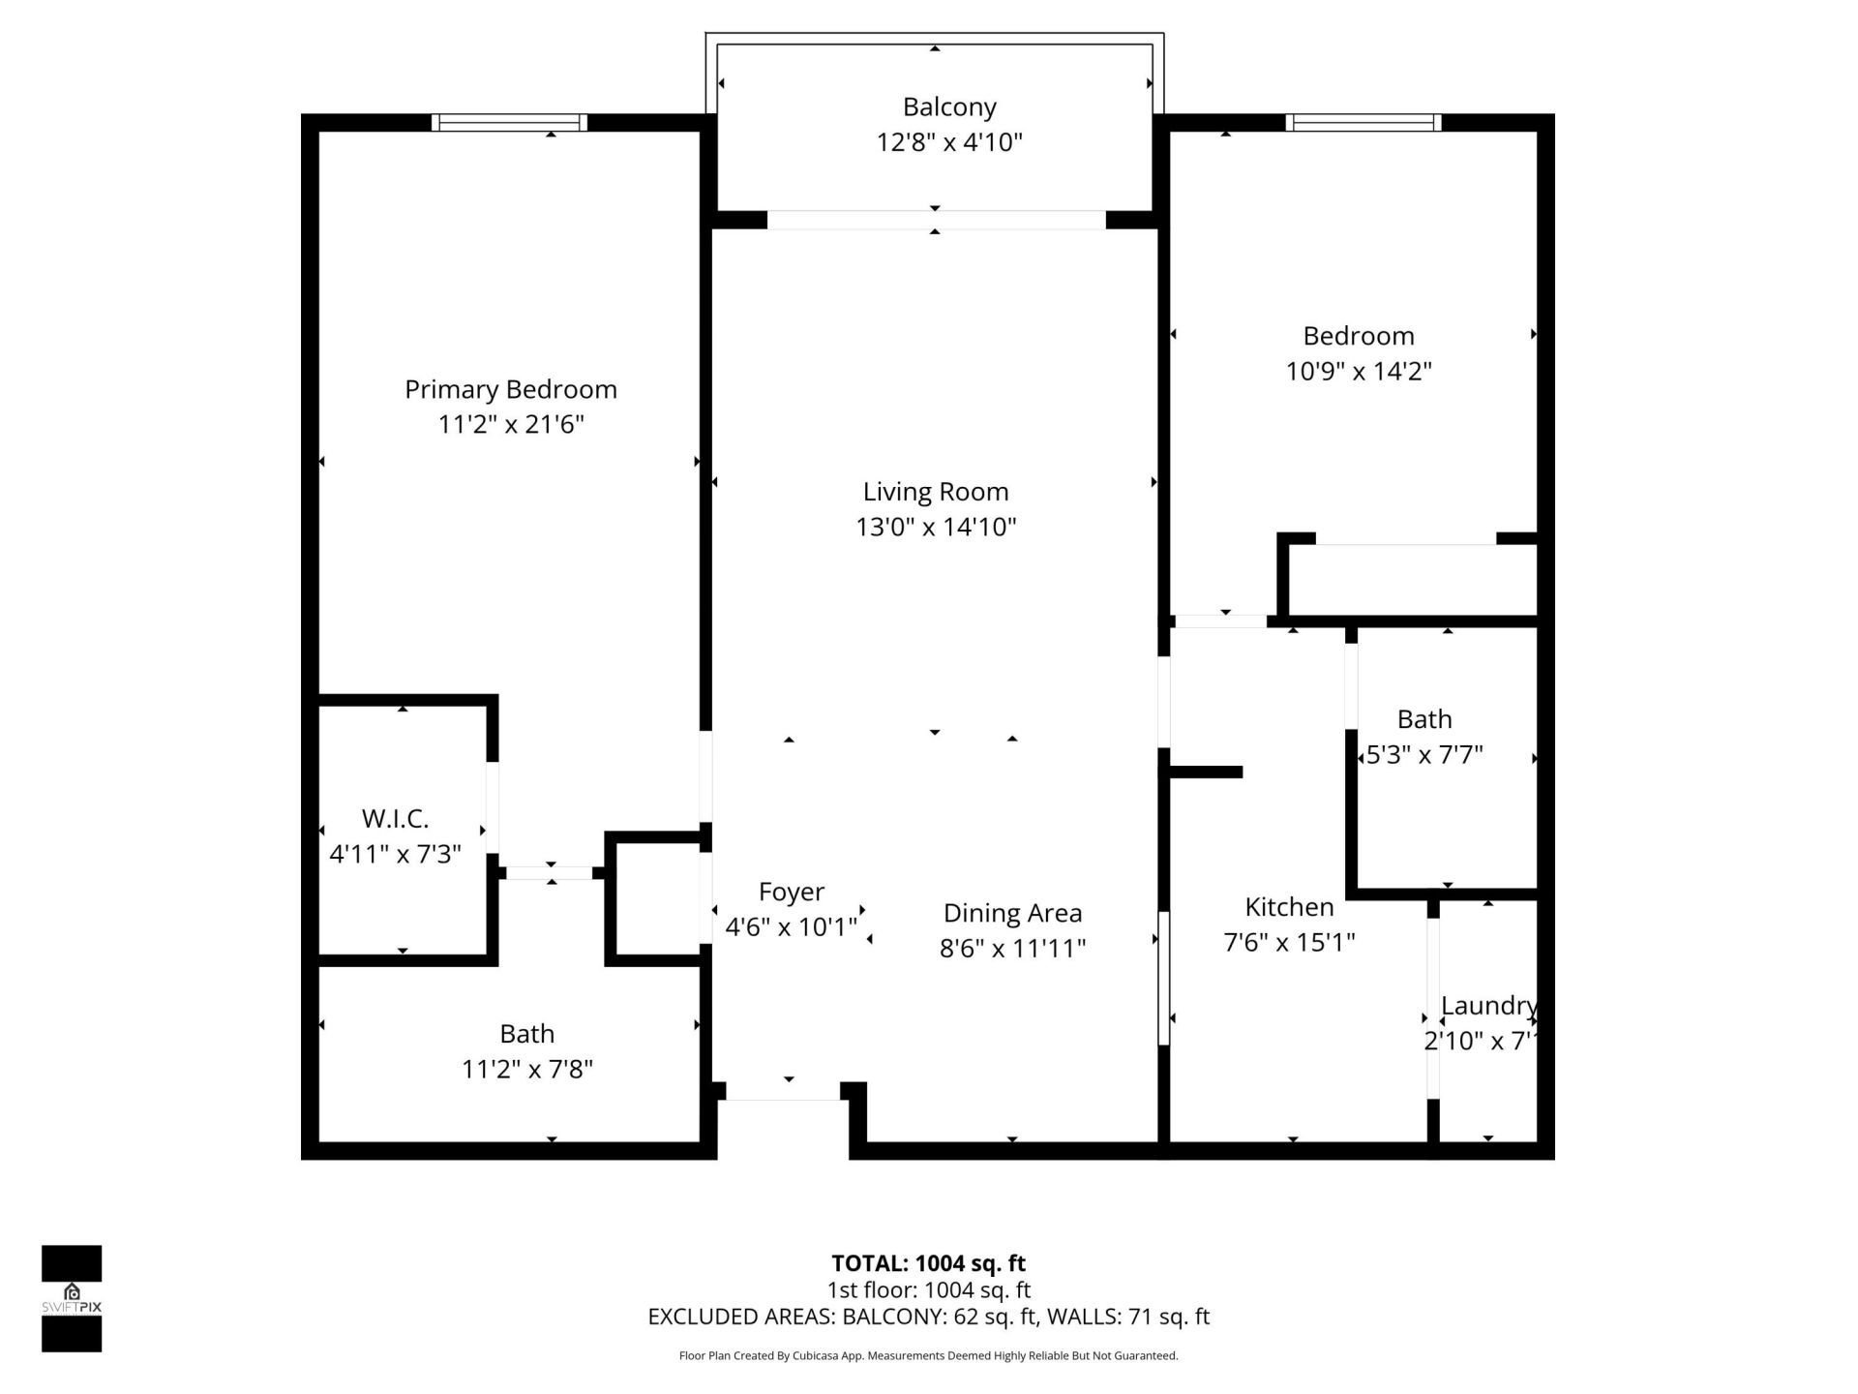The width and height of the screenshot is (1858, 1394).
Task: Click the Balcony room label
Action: coord(948,106)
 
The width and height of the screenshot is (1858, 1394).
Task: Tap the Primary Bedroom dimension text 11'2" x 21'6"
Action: coord(511,424)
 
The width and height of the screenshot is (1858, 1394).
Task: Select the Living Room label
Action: coord(935,492)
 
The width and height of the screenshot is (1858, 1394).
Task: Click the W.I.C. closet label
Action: coord(395,819)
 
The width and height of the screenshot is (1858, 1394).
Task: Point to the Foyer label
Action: coord(791,892)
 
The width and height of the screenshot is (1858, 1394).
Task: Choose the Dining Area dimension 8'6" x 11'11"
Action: coord(1012,948)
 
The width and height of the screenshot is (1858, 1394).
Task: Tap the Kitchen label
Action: coord(1288,907)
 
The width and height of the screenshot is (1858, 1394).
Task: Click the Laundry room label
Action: coord(1487,1006)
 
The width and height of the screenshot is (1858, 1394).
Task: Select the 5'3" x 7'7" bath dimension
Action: coord(1423,754)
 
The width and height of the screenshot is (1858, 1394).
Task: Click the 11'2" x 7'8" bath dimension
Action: coord(526,1069)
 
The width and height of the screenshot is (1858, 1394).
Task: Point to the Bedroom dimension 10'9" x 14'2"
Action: coord(1358,371)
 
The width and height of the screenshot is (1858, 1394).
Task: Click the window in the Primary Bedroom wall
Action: coord(509,122)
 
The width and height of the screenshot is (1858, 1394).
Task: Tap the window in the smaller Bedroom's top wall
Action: coord(1363,122)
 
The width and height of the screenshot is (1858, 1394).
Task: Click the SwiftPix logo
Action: coord(72,1298)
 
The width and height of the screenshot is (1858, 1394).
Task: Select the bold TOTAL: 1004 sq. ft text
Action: coord(928,1263)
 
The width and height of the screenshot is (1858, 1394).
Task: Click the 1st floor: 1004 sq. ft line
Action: coord(928,1289)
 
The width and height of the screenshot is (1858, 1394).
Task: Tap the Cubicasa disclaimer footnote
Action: coord(928,1355)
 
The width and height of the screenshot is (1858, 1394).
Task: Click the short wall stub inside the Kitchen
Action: coord(1206,772)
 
